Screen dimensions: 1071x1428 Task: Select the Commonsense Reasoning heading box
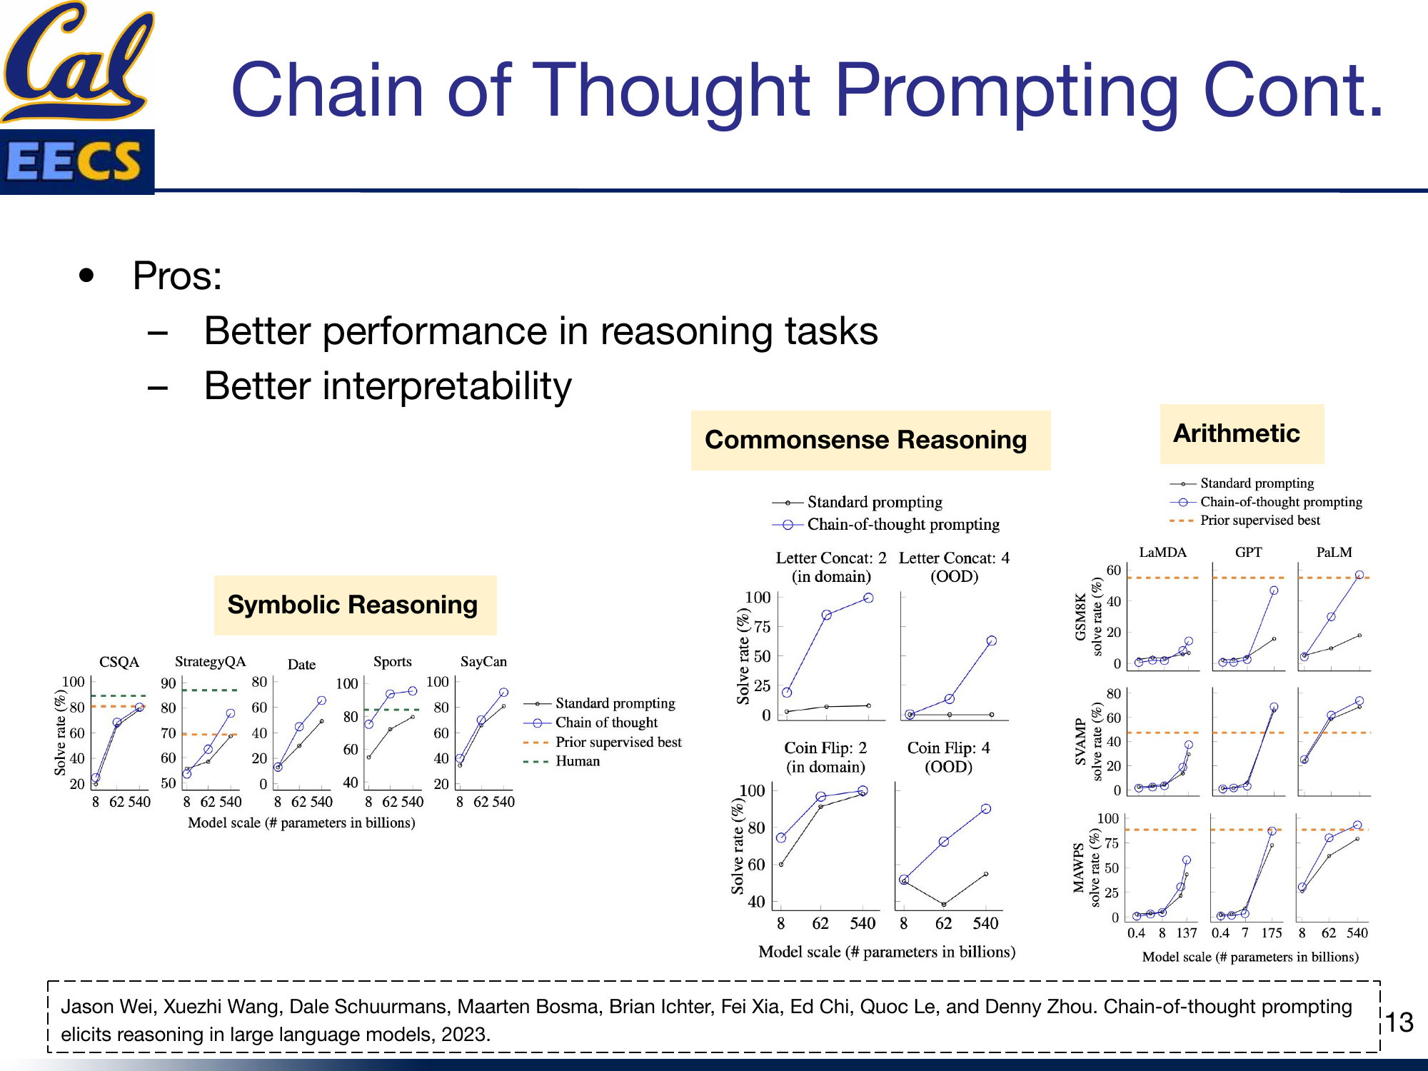[870, 440]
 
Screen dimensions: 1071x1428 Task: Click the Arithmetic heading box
[1241, 433]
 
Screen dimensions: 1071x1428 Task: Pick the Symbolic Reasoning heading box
[354, 605]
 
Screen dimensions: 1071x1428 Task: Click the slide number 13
[1399, 1022]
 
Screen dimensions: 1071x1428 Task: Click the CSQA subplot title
[119, 662]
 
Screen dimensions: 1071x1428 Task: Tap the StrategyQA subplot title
[210, 661]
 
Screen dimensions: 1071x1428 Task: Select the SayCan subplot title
[483, 661]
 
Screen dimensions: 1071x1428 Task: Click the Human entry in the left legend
[577, 761]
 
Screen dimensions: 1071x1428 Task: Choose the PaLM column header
[1334, 552]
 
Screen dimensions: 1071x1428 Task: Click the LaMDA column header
[1162, 552]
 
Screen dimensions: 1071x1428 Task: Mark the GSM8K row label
[1080, 617]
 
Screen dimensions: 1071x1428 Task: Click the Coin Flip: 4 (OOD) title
[948, 757]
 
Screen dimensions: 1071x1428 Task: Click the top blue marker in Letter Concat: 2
[868, 598]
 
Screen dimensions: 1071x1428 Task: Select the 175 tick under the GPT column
[1271, 932]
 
